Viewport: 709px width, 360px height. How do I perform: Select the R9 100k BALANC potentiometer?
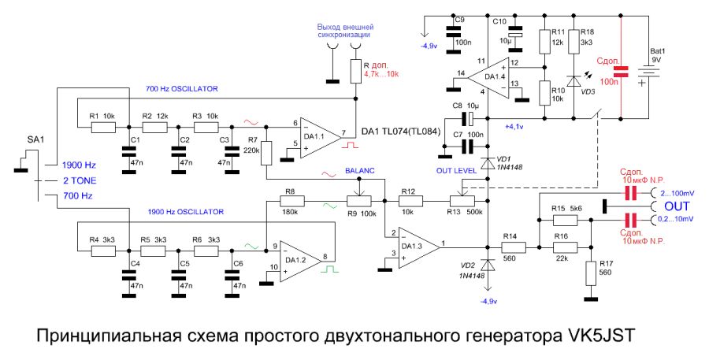point(358,202)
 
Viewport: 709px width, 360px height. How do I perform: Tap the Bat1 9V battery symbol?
point(650,72)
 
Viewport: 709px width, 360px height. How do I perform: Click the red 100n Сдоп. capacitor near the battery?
point(621,72)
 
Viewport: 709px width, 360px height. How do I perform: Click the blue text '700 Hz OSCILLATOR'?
point(182,87)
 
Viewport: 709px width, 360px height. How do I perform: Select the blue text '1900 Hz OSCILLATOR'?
point(185,212)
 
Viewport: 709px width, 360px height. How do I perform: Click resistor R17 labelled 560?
point(591,273)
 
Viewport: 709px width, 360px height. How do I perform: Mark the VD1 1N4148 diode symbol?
point(488,164)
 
